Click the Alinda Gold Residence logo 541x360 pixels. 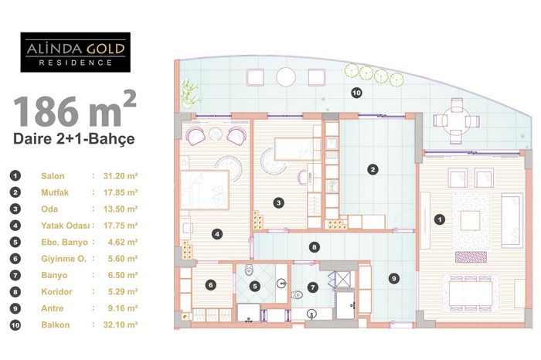(75, 52)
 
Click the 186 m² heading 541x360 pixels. (74, 109)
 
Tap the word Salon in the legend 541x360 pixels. (53, 176)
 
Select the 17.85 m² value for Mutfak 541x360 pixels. (121, 192)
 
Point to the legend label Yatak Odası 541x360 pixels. (65, 226)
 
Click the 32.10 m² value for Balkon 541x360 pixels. (121, 324)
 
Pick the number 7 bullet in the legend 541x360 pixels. (15, 275)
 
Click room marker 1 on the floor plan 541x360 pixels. (439, 219)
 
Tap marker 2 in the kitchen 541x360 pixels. (373, 169)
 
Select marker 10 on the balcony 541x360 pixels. (356, 93)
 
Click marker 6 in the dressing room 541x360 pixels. (210, 285)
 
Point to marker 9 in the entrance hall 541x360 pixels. (393, 278)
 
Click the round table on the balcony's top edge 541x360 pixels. (286, 77)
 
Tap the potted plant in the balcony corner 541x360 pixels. (190, 94)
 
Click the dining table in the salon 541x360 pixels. (471, 293)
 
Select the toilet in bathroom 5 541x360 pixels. (249, 270)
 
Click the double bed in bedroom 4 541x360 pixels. (204, 190)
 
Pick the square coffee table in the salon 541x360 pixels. (470, 221)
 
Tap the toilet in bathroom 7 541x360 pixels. (297, 295)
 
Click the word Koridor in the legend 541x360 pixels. (56, 292)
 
